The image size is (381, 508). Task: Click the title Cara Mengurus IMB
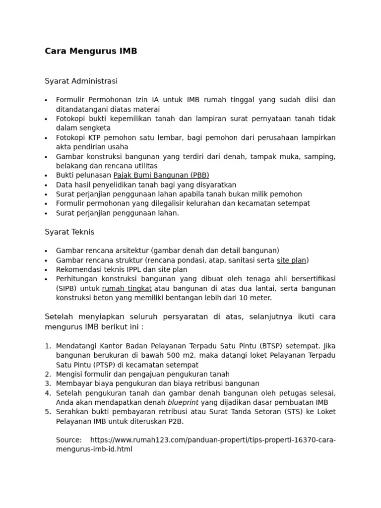point(91,51)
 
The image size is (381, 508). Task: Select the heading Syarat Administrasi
point(81,81)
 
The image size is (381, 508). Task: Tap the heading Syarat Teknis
point(69,232)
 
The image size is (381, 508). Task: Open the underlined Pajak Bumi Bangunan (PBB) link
point(161,175)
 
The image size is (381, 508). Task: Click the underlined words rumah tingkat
point(127,289)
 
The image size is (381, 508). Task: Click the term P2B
point(175,421)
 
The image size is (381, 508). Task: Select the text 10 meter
point(255,298)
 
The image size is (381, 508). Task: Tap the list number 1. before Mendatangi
point(48,346)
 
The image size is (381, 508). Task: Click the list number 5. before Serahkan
point(48,412)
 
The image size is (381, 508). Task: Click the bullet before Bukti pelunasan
point(46,176)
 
